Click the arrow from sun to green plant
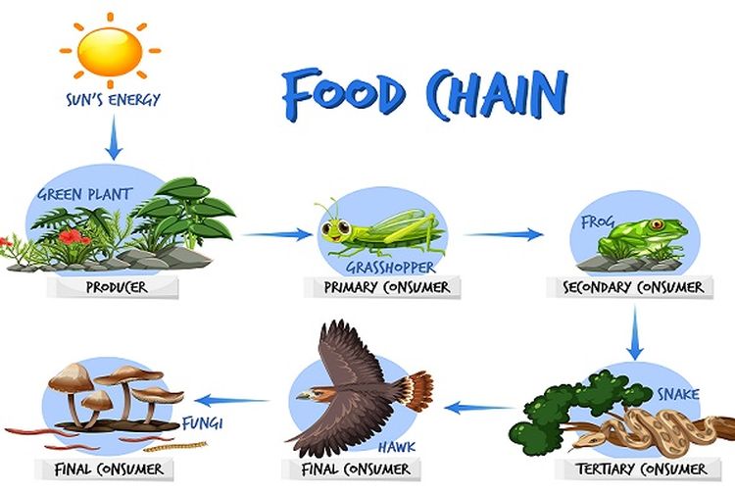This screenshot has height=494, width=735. point(114,137)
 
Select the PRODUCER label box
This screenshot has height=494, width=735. point(118,287)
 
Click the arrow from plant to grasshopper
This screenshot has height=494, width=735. point(274,234)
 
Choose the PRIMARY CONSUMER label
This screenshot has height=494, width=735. point(389,287)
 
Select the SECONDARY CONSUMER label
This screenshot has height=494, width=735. point(634,287)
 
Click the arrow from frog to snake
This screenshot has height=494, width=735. point(635,331)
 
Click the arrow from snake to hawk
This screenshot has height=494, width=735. point(479,406)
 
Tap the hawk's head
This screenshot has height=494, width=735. point(311,395)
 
